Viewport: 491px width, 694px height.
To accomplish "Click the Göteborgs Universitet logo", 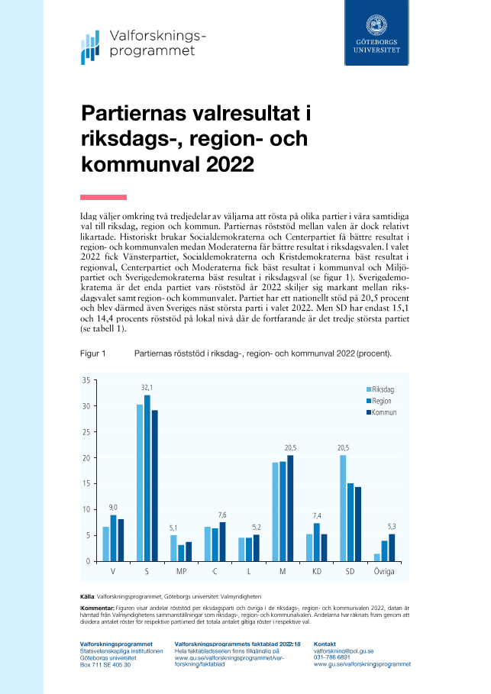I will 376,34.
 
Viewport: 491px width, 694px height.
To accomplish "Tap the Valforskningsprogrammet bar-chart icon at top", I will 91,48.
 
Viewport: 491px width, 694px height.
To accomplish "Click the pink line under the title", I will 103,197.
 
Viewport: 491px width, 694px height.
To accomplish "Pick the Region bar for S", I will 147,478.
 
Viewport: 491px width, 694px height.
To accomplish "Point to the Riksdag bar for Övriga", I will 377,557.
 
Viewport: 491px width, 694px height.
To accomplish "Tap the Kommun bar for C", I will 222,541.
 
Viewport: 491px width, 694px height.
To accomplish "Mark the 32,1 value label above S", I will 147,388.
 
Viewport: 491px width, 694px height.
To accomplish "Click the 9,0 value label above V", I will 113,507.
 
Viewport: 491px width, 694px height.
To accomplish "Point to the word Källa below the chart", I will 87,595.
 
